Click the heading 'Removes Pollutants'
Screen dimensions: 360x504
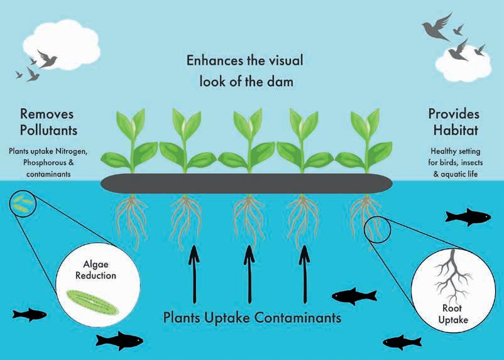point(47,122)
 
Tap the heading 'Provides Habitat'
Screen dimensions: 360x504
point(454,122)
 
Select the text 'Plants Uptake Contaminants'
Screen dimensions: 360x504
point(252,317)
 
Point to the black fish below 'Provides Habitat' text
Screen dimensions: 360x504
point(468,217)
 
